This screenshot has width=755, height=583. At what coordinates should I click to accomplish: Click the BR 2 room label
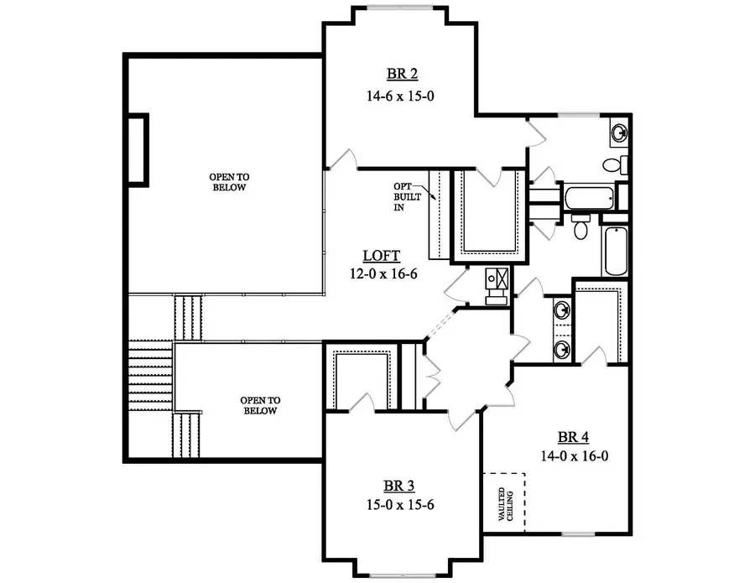[399, 74]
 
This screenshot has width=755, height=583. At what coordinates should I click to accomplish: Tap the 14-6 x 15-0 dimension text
[399, 96]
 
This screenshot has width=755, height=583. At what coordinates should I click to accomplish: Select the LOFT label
[381, 255]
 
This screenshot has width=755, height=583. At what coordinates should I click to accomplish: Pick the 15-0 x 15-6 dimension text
[399, 505]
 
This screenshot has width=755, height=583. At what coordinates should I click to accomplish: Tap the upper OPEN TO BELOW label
[229, 182]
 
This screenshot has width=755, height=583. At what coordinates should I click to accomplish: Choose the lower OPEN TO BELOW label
[259, 405]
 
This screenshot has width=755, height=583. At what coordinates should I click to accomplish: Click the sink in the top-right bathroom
[619, 132]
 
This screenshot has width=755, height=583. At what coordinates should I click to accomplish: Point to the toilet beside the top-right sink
[612, 164]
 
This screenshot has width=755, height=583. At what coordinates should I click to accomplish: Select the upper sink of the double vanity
[561, 311]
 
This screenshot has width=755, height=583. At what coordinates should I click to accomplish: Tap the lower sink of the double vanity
[561, 346]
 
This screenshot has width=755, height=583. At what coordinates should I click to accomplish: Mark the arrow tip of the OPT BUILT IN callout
[437, 200]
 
